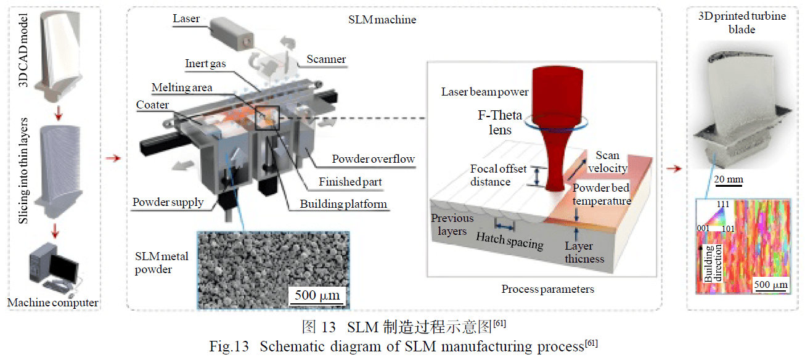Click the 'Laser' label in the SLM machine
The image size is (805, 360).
pyautogui.click(x=186, y=18)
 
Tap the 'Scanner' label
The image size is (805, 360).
pyautogui.click(x=326, y=59)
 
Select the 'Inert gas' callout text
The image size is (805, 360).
pyautogui.click(x=205, y=63)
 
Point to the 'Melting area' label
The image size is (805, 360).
pyautogui.click(x=181, y=88)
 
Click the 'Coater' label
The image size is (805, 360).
pyautogui.click(x=152, y=105)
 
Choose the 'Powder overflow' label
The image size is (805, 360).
pyautogui.click(x=373, y=159)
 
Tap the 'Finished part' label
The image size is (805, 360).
pyautogui.click(x=350, y=182)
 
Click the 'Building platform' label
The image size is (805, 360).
pyautogui.click(x=343, y=204)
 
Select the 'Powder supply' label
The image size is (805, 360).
pyautogui.click(x=168, y=202)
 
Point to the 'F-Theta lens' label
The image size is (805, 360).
pyautogui.click(x=500, y=122)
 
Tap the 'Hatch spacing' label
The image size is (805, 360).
pyautogui.click(x=510, y=240)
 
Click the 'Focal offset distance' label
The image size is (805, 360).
pyautogui.click(x=498, y=175)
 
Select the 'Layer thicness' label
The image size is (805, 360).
pyautogui.click(x=584, y=252)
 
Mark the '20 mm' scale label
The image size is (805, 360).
pyautogui.click(x=729, y=179)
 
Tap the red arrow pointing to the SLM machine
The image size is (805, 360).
pyautogui.click(x=113, y=158)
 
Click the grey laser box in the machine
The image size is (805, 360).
pyautogui.click(x=232, y=34)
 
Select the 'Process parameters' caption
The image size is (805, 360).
pyautogui.click(x=548, y=289)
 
